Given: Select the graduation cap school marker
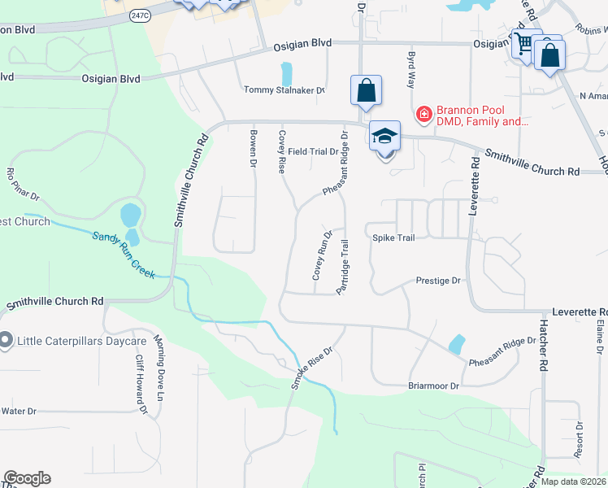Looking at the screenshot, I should click(384, 136).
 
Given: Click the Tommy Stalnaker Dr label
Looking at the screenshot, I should click(284, 91).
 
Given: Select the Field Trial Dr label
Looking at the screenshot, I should click(312, 151).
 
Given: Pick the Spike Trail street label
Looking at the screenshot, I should click(393, 238).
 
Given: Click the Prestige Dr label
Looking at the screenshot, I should click(438, 281).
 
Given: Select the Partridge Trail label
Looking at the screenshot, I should click(344, 267).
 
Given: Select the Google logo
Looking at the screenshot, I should click(27, 477).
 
